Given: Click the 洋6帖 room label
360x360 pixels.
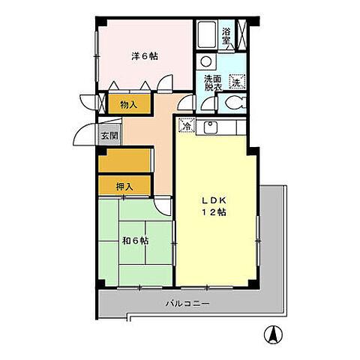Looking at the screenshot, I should [x=145, y=55].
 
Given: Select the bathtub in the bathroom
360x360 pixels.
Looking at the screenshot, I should [x=208, y=35].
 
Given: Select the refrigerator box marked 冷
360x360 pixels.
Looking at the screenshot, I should [x=185, y=127].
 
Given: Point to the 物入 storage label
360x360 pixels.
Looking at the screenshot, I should [x=128, y=104].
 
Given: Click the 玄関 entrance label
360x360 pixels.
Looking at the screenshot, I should [x=109, y=136].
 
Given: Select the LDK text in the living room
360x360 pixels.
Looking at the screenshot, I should [x=214, y=200].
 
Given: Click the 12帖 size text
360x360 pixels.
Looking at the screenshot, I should [x=215, y=213].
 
